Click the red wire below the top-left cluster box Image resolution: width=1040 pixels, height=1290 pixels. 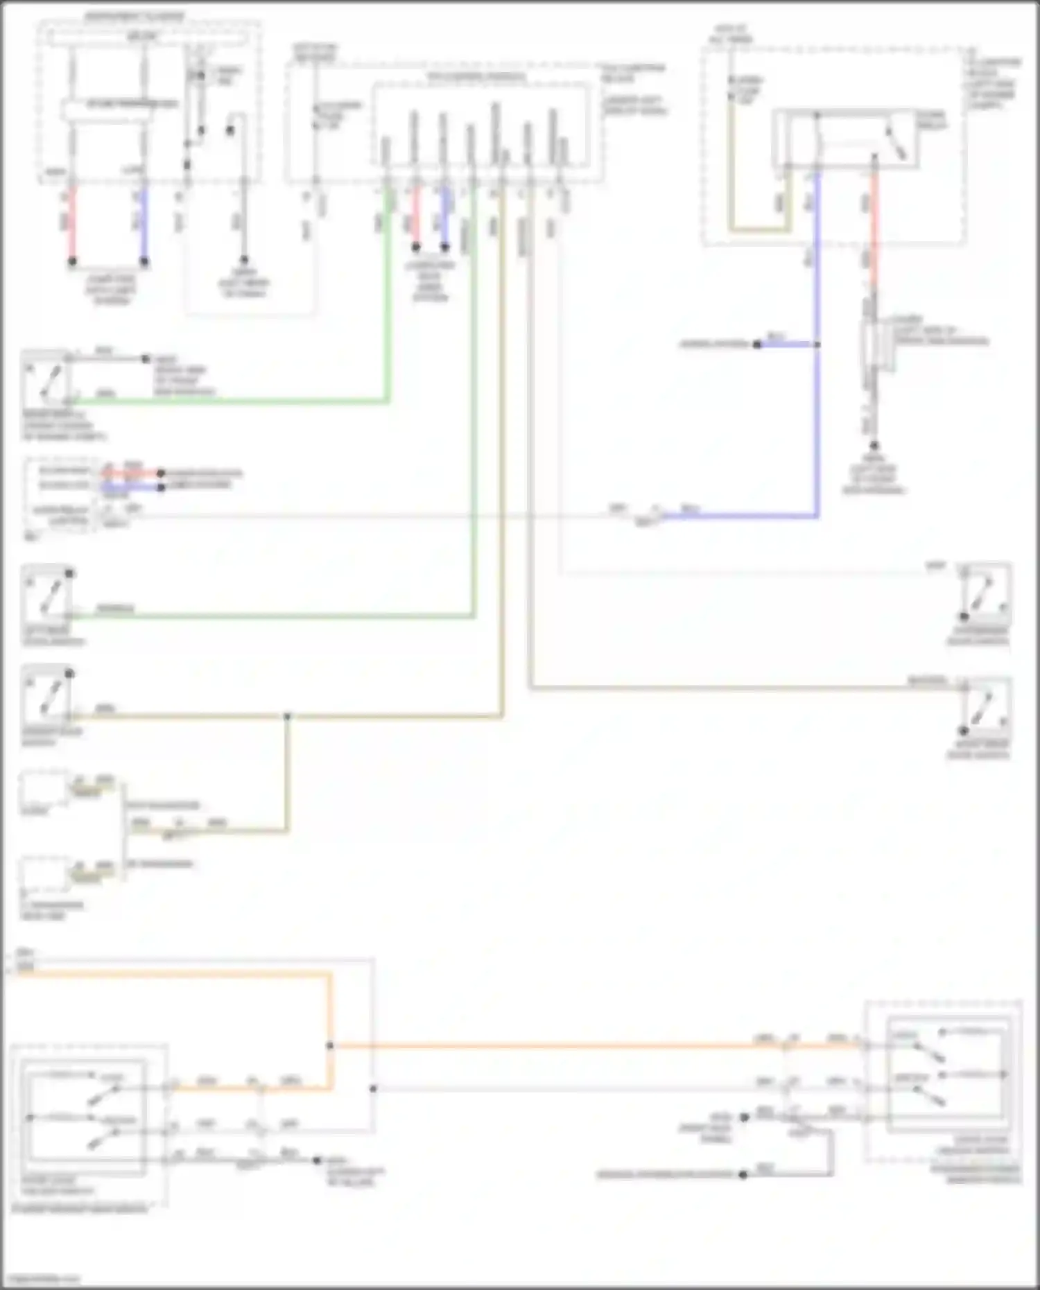(71, 222)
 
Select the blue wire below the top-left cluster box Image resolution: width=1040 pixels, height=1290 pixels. (144, 222)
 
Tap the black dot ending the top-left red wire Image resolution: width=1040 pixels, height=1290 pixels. (71, 261)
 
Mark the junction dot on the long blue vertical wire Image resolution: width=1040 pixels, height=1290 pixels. (817, 344)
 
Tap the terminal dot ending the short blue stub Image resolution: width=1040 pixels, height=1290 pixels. (757, 344)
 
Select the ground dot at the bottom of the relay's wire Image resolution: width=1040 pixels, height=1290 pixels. (874, 446)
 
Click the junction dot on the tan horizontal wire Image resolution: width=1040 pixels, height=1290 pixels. (287, 716)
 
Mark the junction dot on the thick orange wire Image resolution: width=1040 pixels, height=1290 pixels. (330, 1045)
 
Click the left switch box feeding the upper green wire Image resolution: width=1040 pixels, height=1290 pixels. (47, 378)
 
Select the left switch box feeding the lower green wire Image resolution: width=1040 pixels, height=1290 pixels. (47, 591)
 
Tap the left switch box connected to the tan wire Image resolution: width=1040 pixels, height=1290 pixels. (47, 692)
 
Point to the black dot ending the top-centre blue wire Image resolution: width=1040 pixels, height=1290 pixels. (444, 247)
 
